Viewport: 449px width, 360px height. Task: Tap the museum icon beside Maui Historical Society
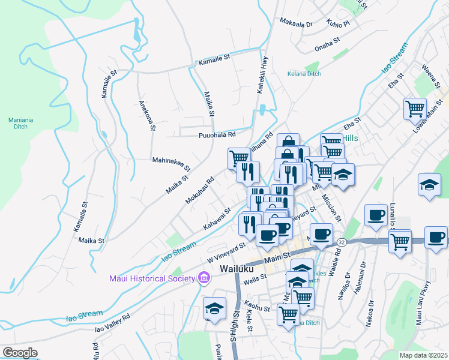(x=203, y=278)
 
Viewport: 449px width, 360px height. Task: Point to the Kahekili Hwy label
(x=262, y=74)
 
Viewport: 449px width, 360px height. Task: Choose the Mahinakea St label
(x=171, y=164)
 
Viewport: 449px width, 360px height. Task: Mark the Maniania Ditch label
(x=20, y=123)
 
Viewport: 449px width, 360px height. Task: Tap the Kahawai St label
(x=217, y=218)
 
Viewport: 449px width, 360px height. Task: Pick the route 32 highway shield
(x=341, y=241)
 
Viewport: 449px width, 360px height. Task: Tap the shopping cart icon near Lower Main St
(x=415, y=109)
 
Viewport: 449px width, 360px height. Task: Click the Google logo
(x=20, y=353)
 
